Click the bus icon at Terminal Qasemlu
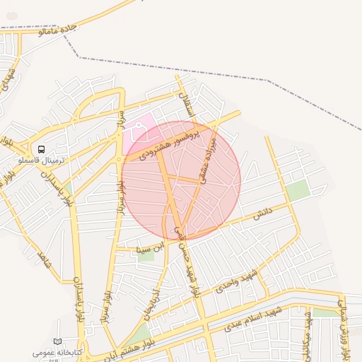(42, 150)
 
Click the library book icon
(58, 341)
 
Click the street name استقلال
(186, 105)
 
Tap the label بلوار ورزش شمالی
(344, 332)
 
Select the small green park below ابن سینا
(146, 255)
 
